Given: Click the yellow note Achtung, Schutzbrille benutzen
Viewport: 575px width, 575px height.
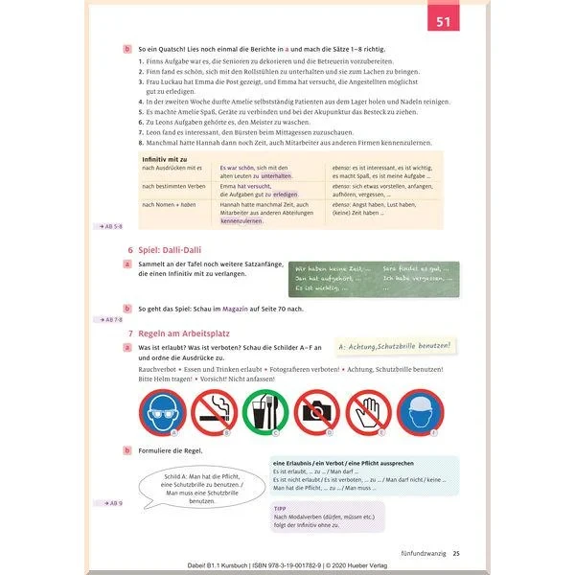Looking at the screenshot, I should click(395, 346).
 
